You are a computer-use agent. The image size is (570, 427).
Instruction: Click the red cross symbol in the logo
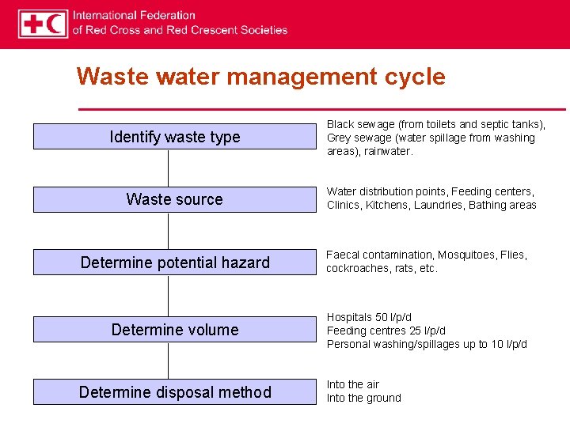(x=33, y=24)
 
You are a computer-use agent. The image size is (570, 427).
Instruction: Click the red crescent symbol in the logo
(x=55, y=24)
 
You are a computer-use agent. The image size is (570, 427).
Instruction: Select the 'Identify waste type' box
(x=174, y=137)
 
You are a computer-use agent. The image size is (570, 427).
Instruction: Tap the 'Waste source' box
(x=174, y=199)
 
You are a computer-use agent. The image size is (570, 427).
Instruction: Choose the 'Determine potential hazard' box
(x=174, y=263)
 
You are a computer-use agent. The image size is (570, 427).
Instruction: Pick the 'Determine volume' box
(x=174, y=330)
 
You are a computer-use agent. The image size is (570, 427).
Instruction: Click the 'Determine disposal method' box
(x=174, y=392)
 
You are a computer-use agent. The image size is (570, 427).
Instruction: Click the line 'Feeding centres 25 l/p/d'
(x=386, y=331)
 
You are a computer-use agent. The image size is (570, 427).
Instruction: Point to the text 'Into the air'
(x=353, y=384)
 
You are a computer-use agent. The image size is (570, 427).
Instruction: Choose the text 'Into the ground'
(x=364, y=398)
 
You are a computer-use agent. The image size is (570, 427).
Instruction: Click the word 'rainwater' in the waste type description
(x=388, y=151)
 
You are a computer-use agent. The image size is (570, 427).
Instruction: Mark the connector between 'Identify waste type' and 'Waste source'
(x=168, y=168)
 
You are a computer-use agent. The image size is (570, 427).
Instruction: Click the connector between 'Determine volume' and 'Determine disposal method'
(x=168, y=361)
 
